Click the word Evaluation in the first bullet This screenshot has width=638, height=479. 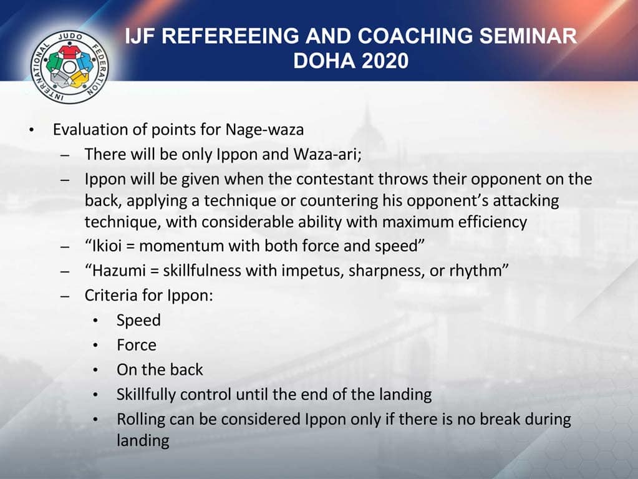coord(87,130)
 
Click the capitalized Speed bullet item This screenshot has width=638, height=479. coord(138,320)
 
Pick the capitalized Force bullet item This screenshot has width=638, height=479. coord(137,344)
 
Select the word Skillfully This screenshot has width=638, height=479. coord(148,394)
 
